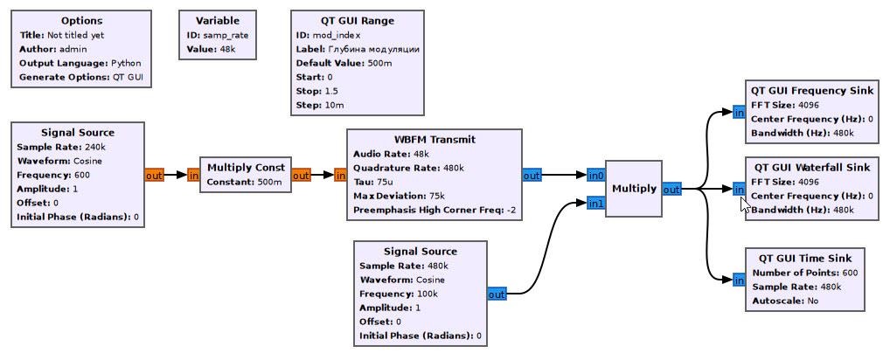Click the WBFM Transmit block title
click(435, 140)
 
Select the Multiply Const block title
click(246, 168)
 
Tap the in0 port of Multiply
click(595, 175)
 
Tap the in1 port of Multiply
click(595, 204)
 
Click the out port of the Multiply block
click(671, 189)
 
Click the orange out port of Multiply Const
click(301, 176)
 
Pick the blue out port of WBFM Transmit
click(532, 176)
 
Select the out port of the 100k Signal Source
click(497, 294)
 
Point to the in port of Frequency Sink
click(739, 112)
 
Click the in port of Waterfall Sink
click(739, 189)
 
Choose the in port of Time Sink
click(739, 280)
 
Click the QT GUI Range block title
click(357, 21)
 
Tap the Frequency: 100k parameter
click(399, 294)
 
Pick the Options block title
click(81, 21)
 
